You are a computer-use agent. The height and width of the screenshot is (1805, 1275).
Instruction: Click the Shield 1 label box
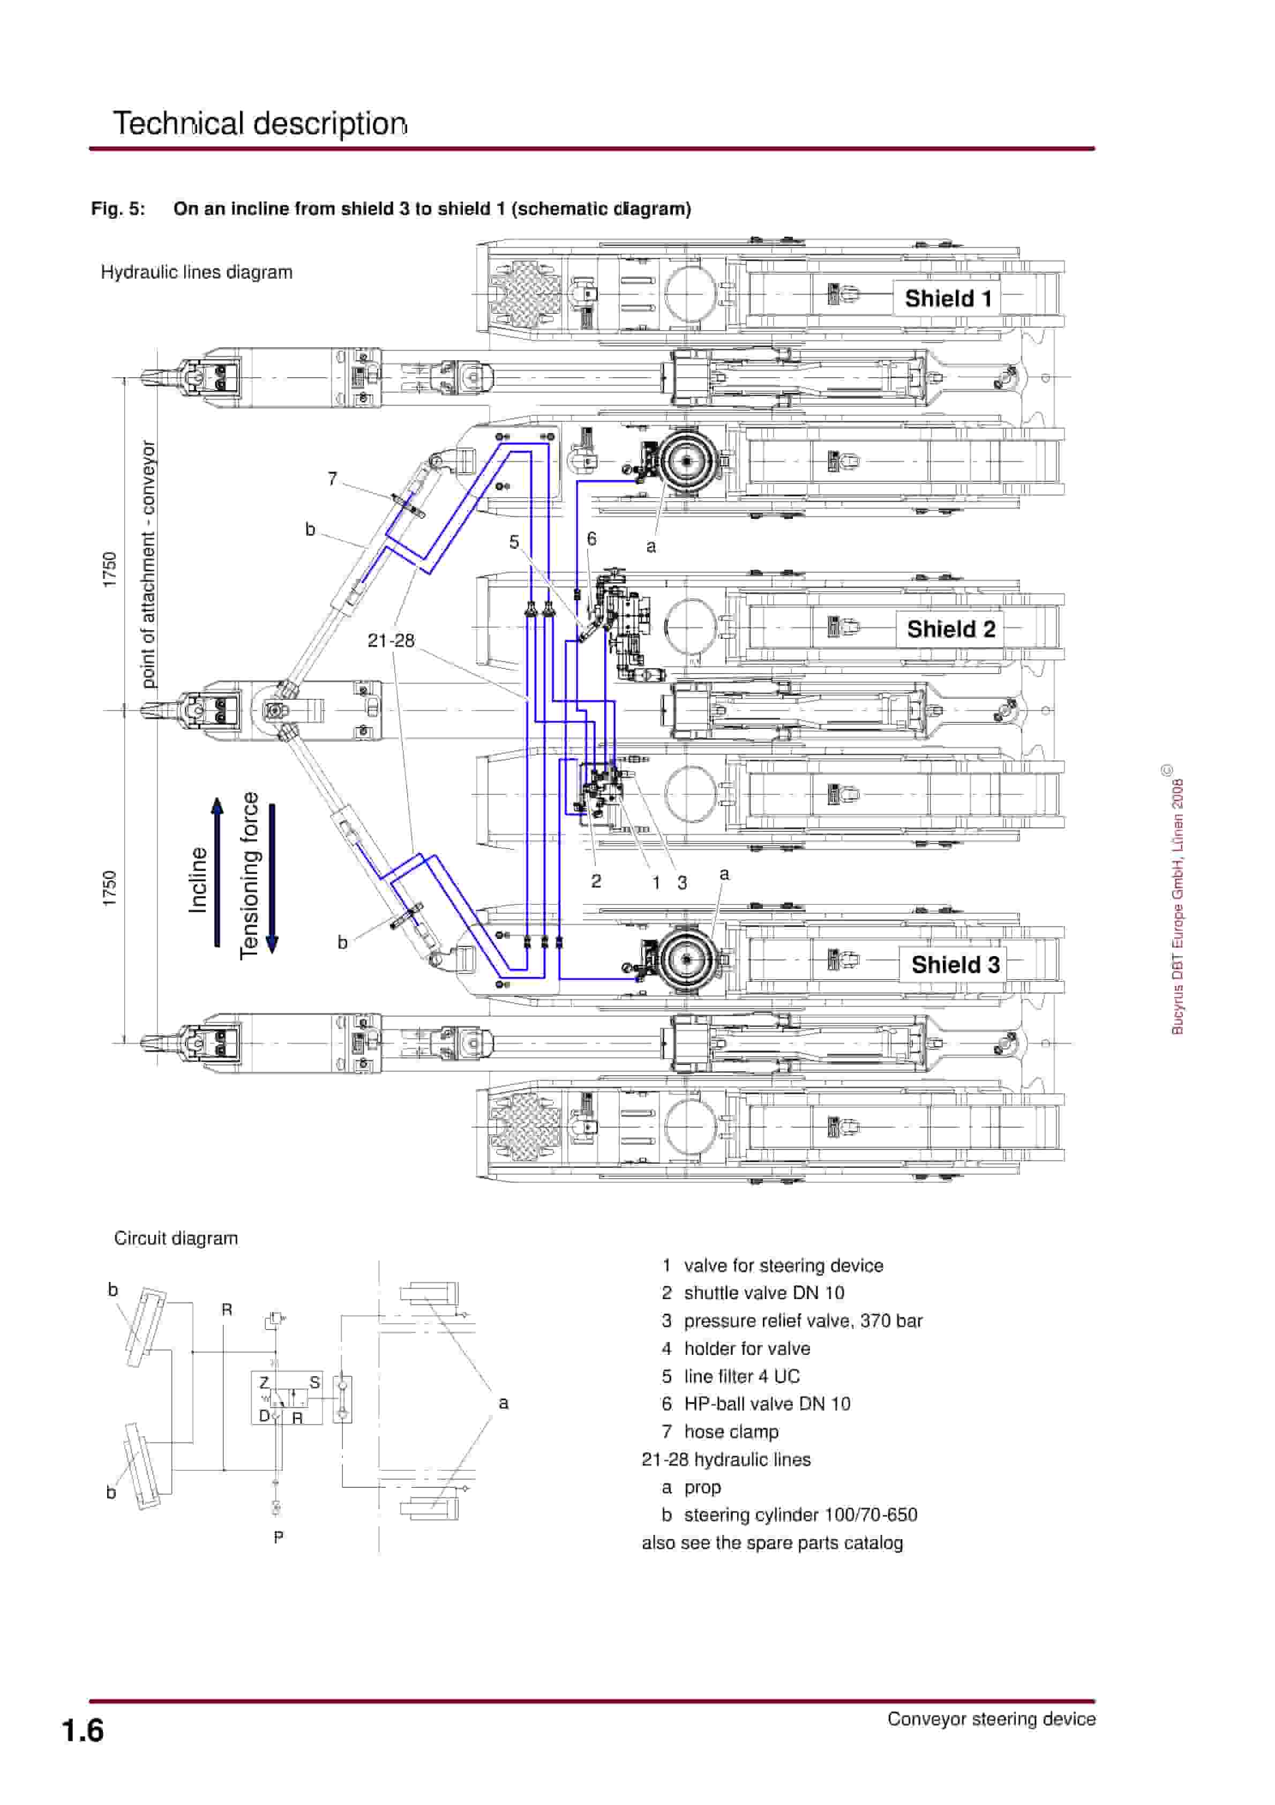(947, 299)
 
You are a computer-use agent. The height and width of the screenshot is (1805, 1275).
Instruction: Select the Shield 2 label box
(950, 629)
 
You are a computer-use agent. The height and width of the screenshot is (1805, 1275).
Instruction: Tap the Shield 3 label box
(954, 965)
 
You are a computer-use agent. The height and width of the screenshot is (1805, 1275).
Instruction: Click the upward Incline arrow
(217, 872)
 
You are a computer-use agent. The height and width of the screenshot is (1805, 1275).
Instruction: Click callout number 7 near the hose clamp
(333, 479)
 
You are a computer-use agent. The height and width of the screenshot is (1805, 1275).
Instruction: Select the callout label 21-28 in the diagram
(391, 641)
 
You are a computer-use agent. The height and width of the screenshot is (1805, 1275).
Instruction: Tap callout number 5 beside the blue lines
(514, 542)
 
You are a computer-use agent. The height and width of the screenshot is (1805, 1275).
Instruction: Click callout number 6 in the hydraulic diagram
(592, 539)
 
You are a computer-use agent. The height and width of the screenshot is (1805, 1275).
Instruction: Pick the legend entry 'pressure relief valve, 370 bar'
(802, 1321)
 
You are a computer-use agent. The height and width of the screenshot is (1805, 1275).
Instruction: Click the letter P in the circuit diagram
(278, 1537)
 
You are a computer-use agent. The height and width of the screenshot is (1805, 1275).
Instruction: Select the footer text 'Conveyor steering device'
(991, 1719)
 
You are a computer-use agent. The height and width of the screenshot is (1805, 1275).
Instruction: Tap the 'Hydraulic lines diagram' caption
(197, 272)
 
